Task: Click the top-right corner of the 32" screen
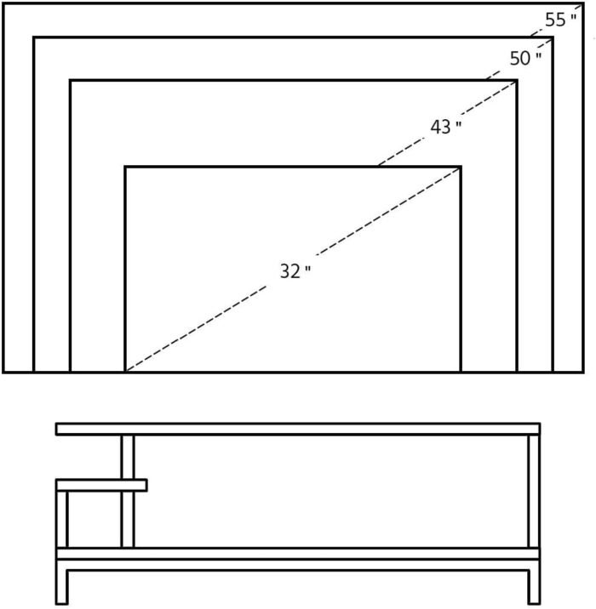[x=461, y=167]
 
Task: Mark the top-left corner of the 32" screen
[x=126, y=167]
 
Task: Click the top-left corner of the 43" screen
[x=71, y=81]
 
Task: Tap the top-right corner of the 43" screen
[x=517, y=81]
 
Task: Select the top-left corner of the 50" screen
[x=34, y=37]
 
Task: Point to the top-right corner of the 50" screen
[x=553, y=37]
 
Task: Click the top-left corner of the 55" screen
[x=4, y=3]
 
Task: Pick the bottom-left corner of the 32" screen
[x=126, y=372]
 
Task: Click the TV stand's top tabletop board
[x=298, y=429]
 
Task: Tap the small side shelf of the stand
[x=101, y=485]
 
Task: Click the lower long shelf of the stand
[x=298, y=554]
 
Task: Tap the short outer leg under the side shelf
[x=61, y=519]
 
